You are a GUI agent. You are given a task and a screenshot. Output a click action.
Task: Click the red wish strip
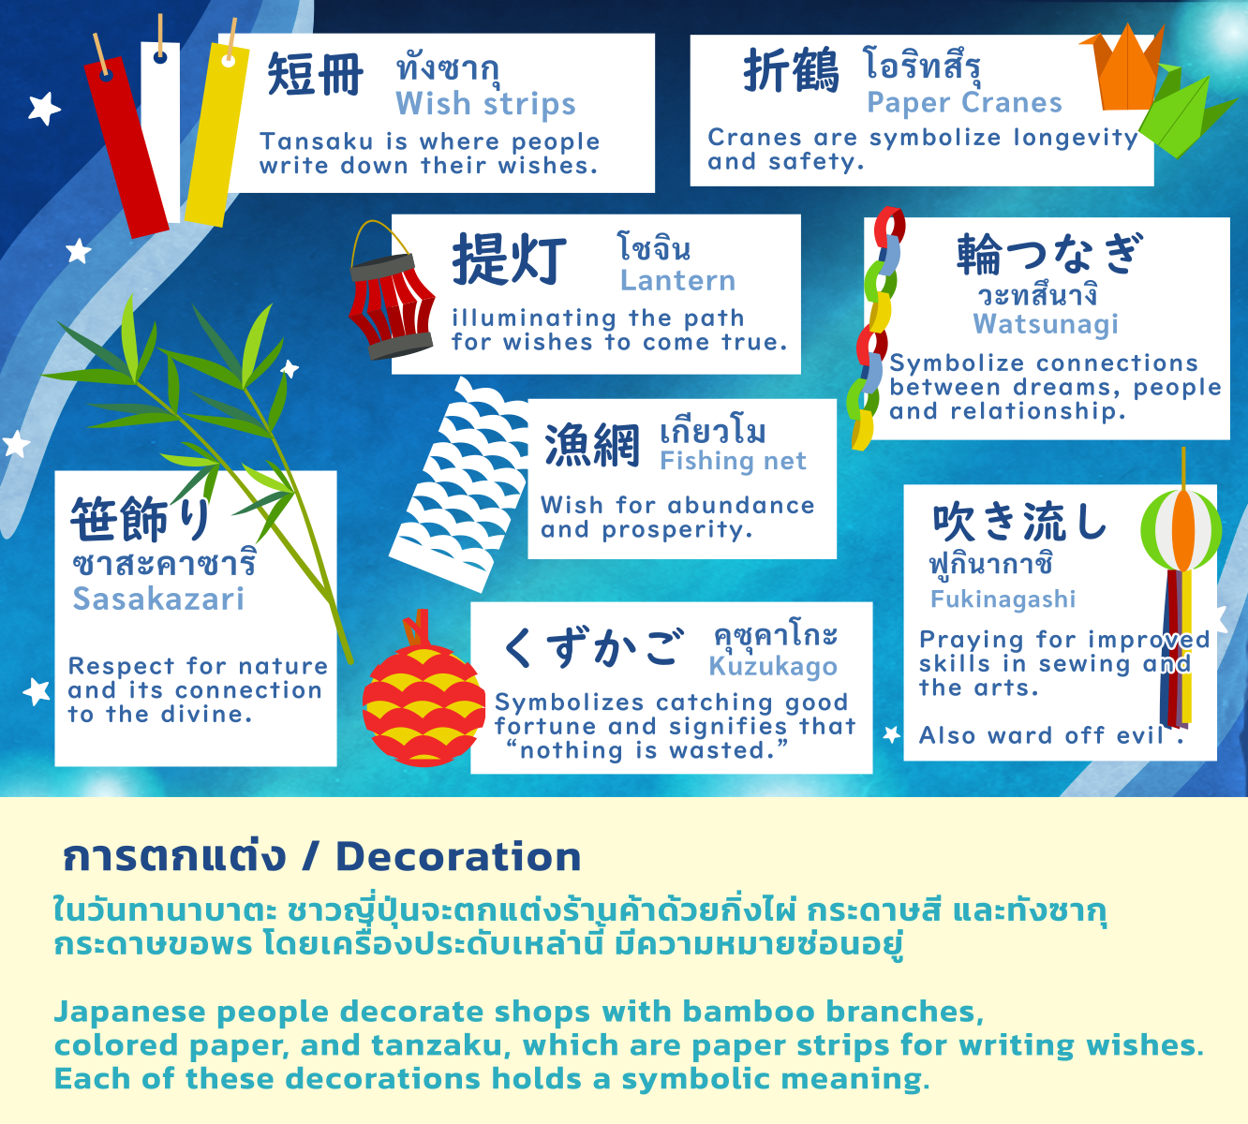tap(126, 145)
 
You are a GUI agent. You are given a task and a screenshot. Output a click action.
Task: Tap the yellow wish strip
tap(217, 136)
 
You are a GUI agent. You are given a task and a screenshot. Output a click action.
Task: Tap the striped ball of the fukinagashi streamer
tap(1181, 529)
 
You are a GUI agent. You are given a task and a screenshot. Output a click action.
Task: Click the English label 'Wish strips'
tap(485, 104)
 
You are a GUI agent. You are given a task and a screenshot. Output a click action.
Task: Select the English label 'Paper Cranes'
tap(964, 102)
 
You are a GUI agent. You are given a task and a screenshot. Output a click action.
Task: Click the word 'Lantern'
tap(677, 280)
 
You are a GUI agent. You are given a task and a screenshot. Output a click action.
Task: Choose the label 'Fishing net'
tap(733, 461)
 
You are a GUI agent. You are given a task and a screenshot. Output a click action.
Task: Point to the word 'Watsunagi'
tap(1046, 324)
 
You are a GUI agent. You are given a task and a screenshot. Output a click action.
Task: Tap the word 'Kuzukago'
tap(773, 666)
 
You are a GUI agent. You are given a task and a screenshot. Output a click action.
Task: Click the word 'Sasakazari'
tap(158, 599)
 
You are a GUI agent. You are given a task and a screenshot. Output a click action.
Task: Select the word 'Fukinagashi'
tap(1003, 599)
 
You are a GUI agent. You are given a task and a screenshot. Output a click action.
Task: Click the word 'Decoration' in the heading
tap(458, 856)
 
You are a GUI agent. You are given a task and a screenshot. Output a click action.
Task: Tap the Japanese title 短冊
tap(316, 75)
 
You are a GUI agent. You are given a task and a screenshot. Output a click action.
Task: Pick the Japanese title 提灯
tap(510, 259)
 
